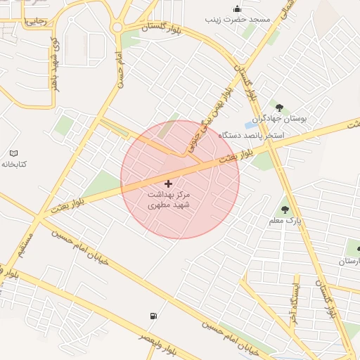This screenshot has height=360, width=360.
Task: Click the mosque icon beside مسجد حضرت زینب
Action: pyautogui.click(x=237, y=9)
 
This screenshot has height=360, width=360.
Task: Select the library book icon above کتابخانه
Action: pyautogui.click(x=14, y=153)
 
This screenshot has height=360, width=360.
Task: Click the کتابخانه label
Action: pyautogui.click(x=14, y=164)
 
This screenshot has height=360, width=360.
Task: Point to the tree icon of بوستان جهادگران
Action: pyautogui.click(x=280, y=108)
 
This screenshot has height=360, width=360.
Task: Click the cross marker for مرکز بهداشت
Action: pyautogui.click(x=167, y=184)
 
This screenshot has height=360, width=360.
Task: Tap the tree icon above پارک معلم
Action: pyautogui.click(x=284, y=209)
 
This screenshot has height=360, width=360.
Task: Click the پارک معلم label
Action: pyautogui.click(x=285, y=221)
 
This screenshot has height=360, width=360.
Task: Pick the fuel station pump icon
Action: pyautogui.click(x=153, y=316)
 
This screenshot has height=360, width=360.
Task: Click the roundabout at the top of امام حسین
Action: pyautogui.click(x=117, y=27)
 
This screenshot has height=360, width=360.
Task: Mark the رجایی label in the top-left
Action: pyautogui.click(x=35, y=22)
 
